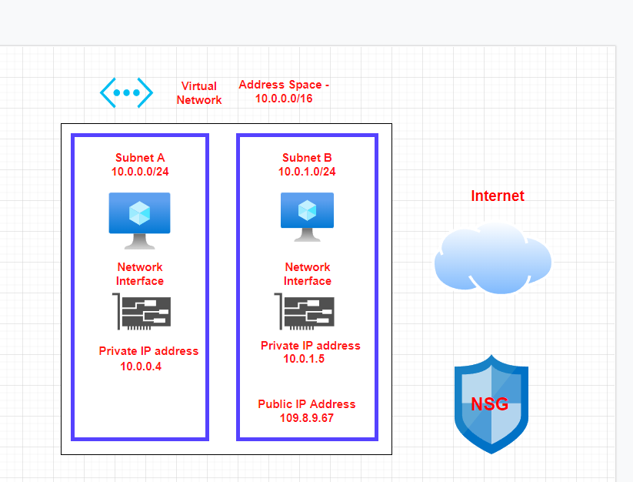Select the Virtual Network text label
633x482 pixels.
(x=199, y=93)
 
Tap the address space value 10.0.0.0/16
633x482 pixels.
(x=284, y=99)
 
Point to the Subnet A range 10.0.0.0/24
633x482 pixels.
(x=140, y=171)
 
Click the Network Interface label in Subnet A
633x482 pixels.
(x=140, y=274)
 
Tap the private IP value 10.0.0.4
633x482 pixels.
(x=141, y=367)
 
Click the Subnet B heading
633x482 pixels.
(x=307, y=158)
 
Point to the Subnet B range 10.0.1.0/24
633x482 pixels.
(x=307, y=171)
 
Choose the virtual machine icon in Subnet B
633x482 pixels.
(x=307, y=216)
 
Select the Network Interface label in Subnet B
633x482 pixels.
(x=308, y=274)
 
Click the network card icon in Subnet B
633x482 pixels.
(x=304, y=312)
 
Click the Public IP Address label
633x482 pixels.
(x=307, y=404)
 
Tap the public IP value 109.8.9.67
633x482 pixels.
(x=307, y=417)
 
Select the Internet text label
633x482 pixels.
(x=498, y=196)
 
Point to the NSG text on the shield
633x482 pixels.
(x=490, y=404)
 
